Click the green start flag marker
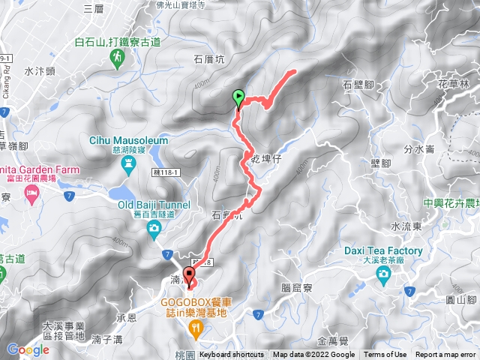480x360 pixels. point(238,97)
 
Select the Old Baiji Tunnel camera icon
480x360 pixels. point(154,227)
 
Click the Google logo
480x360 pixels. point(28,349)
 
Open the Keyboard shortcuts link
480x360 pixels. point(232,355)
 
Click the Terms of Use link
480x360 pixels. point(385,355)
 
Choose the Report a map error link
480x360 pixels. point(445,355)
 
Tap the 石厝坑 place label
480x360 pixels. point(208,58)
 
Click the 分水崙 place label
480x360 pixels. point(419,148)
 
